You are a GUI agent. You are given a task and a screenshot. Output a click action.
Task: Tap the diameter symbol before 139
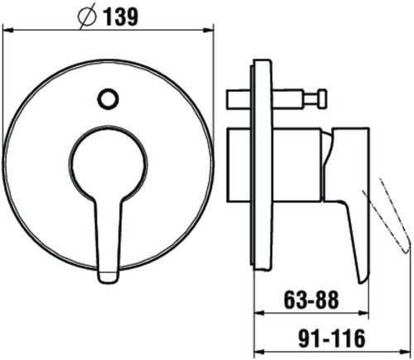click(87, 17)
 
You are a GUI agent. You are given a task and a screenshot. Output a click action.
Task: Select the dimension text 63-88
click(311, 300)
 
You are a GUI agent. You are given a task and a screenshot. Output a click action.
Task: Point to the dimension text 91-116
click(332, 338)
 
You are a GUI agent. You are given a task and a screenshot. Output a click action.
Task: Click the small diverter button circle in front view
click(108, 99)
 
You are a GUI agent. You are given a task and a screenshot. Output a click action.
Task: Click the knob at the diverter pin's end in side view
click(322, 98)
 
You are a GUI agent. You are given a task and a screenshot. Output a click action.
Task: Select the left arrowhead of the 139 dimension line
click(7, 30)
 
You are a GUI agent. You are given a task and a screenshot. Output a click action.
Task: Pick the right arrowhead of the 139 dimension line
click(209, 30)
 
